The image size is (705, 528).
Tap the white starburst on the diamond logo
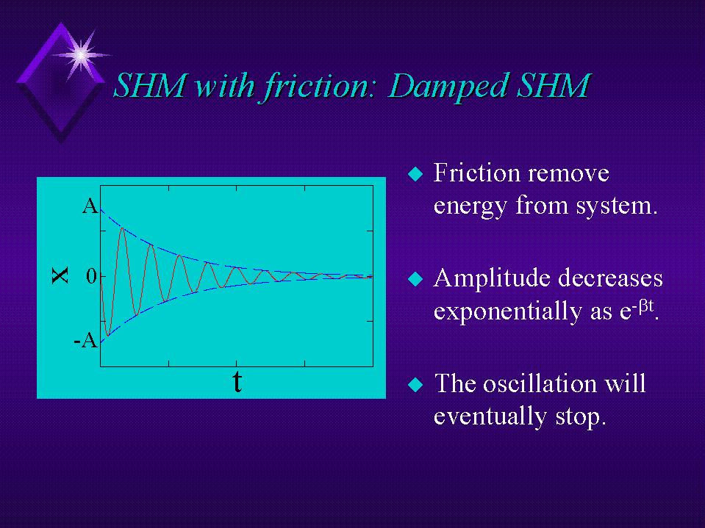[x=81, y=55]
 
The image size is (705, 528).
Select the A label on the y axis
[x=90, y=206]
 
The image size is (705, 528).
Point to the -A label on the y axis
[x=86, y=340]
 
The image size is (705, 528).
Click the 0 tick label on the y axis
[x=91, y=277]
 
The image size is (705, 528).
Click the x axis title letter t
[x=237, y=382]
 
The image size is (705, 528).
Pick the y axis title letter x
[x=60, y=275]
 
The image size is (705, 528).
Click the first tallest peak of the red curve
[x=122, y=228]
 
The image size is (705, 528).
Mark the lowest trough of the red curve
[x=107, y=335]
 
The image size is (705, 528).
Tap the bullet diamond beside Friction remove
[x=415, y=174]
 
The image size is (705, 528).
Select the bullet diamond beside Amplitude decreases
[x=415, y=279]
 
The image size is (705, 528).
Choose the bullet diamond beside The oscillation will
[x=415, y=384]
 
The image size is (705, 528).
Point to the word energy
[x=470, y=207]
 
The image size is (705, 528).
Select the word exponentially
[x=508, y=311]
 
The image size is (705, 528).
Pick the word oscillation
[x=540, y=383]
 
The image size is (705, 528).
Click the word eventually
[x=490, y=416]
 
